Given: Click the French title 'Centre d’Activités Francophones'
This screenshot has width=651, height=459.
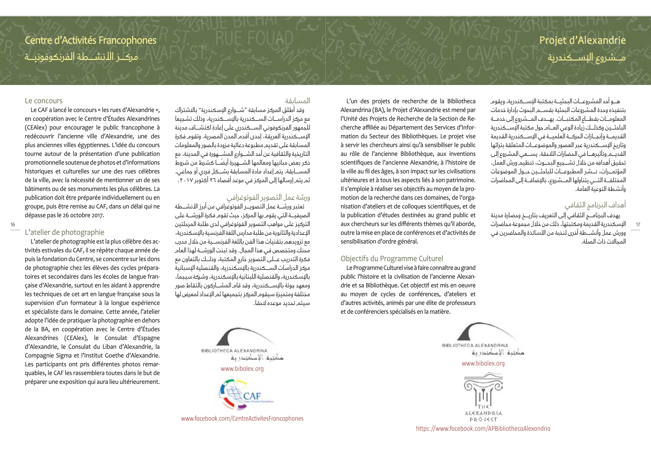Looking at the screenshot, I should click(x=90, y=40).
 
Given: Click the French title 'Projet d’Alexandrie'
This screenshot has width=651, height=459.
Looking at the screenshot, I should click(x=582, y=40).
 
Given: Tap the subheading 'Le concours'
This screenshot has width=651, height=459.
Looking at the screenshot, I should click(x=44, y=101).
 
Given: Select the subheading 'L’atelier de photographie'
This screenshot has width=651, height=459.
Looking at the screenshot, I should click(x=64, y=232).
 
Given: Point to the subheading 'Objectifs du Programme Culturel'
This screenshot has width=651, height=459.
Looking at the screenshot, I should click(x=392, y=259).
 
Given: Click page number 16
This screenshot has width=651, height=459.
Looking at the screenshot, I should click(x=13, y=225).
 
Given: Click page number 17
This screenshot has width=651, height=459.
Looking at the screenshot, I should click(x=638, y=225).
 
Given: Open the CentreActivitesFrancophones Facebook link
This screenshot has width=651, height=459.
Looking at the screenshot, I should click(x=242, y=418).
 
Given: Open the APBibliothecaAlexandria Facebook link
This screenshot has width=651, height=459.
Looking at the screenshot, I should click(x=483, y=429).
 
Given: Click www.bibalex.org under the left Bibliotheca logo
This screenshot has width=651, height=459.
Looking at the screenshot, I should click(x=242, y=369).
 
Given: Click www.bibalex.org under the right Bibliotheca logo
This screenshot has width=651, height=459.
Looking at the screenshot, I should click(x=483, y=364).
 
